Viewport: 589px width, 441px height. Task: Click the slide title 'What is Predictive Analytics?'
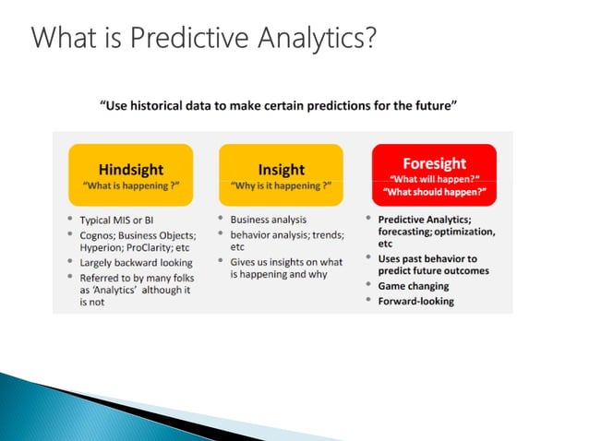203,40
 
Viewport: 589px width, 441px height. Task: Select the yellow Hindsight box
130,174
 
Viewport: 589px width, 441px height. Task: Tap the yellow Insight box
280,174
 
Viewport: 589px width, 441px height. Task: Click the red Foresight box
434,174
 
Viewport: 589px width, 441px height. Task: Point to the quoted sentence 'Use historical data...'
279,105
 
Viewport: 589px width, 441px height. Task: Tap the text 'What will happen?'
435,179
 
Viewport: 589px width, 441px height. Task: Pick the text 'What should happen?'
435,192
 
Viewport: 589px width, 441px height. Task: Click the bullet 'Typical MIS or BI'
123,220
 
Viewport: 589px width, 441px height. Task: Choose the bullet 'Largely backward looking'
137,263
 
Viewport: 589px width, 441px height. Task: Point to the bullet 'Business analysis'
268,220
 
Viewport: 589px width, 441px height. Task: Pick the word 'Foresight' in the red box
434,163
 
